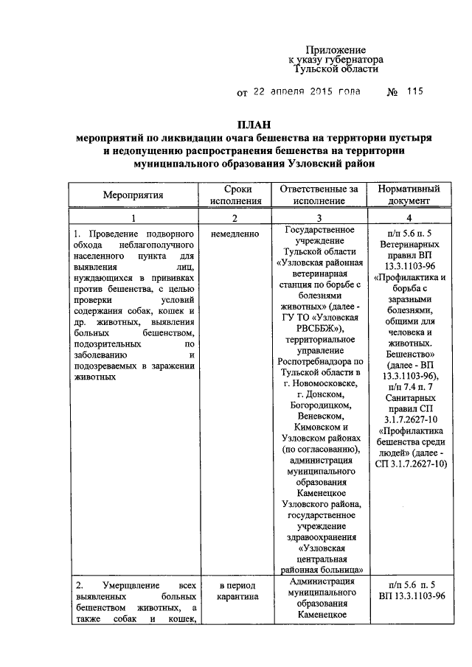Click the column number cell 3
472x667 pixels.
319,218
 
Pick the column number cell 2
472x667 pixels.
235,218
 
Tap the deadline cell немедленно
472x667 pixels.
235,234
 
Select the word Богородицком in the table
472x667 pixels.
319,404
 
